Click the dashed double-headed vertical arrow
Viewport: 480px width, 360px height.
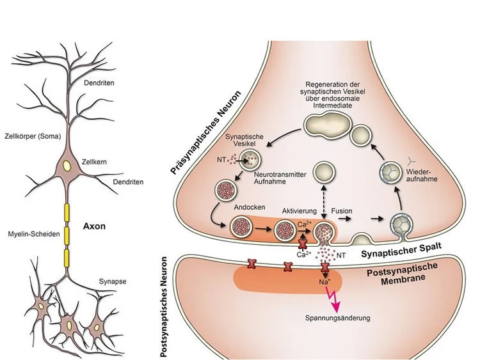point(320,198)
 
